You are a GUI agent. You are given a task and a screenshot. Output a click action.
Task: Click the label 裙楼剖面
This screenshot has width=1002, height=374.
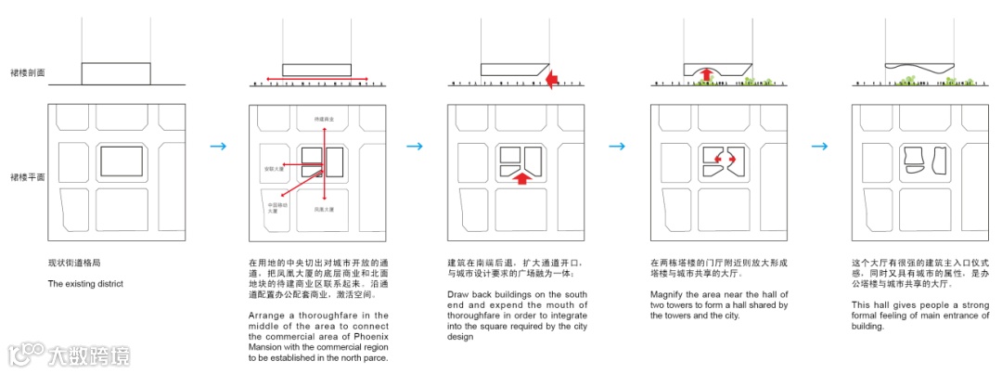[27, 71]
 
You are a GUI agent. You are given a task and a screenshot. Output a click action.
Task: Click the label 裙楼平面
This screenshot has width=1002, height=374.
[27, 176]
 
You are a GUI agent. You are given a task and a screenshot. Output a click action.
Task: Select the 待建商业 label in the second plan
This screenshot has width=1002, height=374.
[324, 121]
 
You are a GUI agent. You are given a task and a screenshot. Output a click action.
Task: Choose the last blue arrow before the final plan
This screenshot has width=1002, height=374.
[820, 146]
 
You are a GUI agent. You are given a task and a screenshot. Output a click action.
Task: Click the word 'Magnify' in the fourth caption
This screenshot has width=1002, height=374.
[668, 294]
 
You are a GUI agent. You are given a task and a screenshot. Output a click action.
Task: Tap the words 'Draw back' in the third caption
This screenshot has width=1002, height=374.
[468, 294]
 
